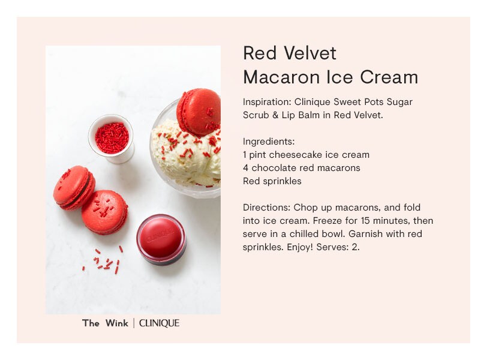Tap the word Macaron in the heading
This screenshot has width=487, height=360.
pyautogui.click(x=281, y=77)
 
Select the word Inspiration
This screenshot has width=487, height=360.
pyautogui.click(x=267, y=102)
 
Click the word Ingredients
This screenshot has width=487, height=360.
pyautogui.click(x=269, y=142)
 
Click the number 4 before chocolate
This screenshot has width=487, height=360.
pyautogui.click(x=246, y=168)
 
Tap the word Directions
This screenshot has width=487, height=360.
pyautogui.click(x=266, y=208)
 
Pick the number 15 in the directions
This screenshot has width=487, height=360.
pyautogui.click(x=365, y=221)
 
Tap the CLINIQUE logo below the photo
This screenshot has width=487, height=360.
pyautogui.click(x=159, y=323)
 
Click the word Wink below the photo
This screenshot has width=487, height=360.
pyautogui.click(x=117, y=323)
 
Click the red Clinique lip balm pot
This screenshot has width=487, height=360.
pyautogui.click(x=161, y=239)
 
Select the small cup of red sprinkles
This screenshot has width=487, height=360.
pyautogui.click(x=112, y=139)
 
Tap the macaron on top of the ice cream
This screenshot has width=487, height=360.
pyautogui.click(x=199, y=112)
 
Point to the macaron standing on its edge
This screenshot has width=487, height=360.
pyautogui.click(x=74, y=188)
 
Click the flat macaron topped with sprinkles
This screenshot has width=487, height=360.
pyautogui.click(x=105, y=212)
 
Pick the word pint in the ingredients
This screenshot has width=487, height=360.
pyautogui.click(x=257, y=155)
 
